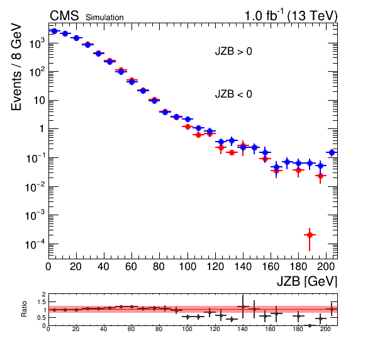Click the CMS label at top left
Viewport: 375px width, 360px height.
[64, 16]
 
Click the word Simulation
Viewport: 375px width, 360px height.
[104, 18]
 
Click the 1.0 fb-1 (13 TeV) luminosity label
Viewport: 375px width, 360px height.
[291, 16]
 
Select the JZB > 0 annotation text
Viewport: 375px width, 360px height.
[233, 51]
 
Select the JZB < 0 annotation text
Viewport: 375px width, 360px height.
[233, 94]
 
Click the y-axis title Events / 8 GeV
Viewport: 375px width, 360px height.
[16, 67]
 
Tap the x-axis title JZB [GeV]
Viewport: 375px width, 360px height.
[307, 281]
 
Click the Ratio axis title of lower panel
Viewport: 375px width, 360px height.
[24, 309]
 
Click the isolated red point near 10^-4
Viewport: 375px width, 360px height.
[310, 235]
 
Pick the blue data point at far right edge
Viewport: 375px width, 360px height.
[332, 152]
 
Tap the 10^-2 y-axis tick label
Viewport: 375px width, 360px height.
[35, 187]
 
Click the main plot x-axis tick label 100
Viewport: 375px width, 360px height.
[187, 266]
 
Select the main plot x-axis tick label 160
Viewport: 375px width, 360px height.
[271, 266]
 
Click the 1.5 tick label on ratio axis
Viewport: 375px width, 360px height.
[42, 302]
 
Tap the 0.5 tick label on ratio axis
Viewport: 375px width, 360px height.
[42, 318]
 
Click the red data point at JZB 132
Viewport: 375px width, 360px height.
[232, 152]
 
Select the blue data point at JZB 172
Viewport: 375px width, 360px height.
[288, 162]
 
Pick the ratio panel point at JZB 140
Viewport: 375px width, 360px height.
[243, 307]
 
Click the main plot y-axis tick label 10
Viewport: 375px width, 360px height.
[40, 101]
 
